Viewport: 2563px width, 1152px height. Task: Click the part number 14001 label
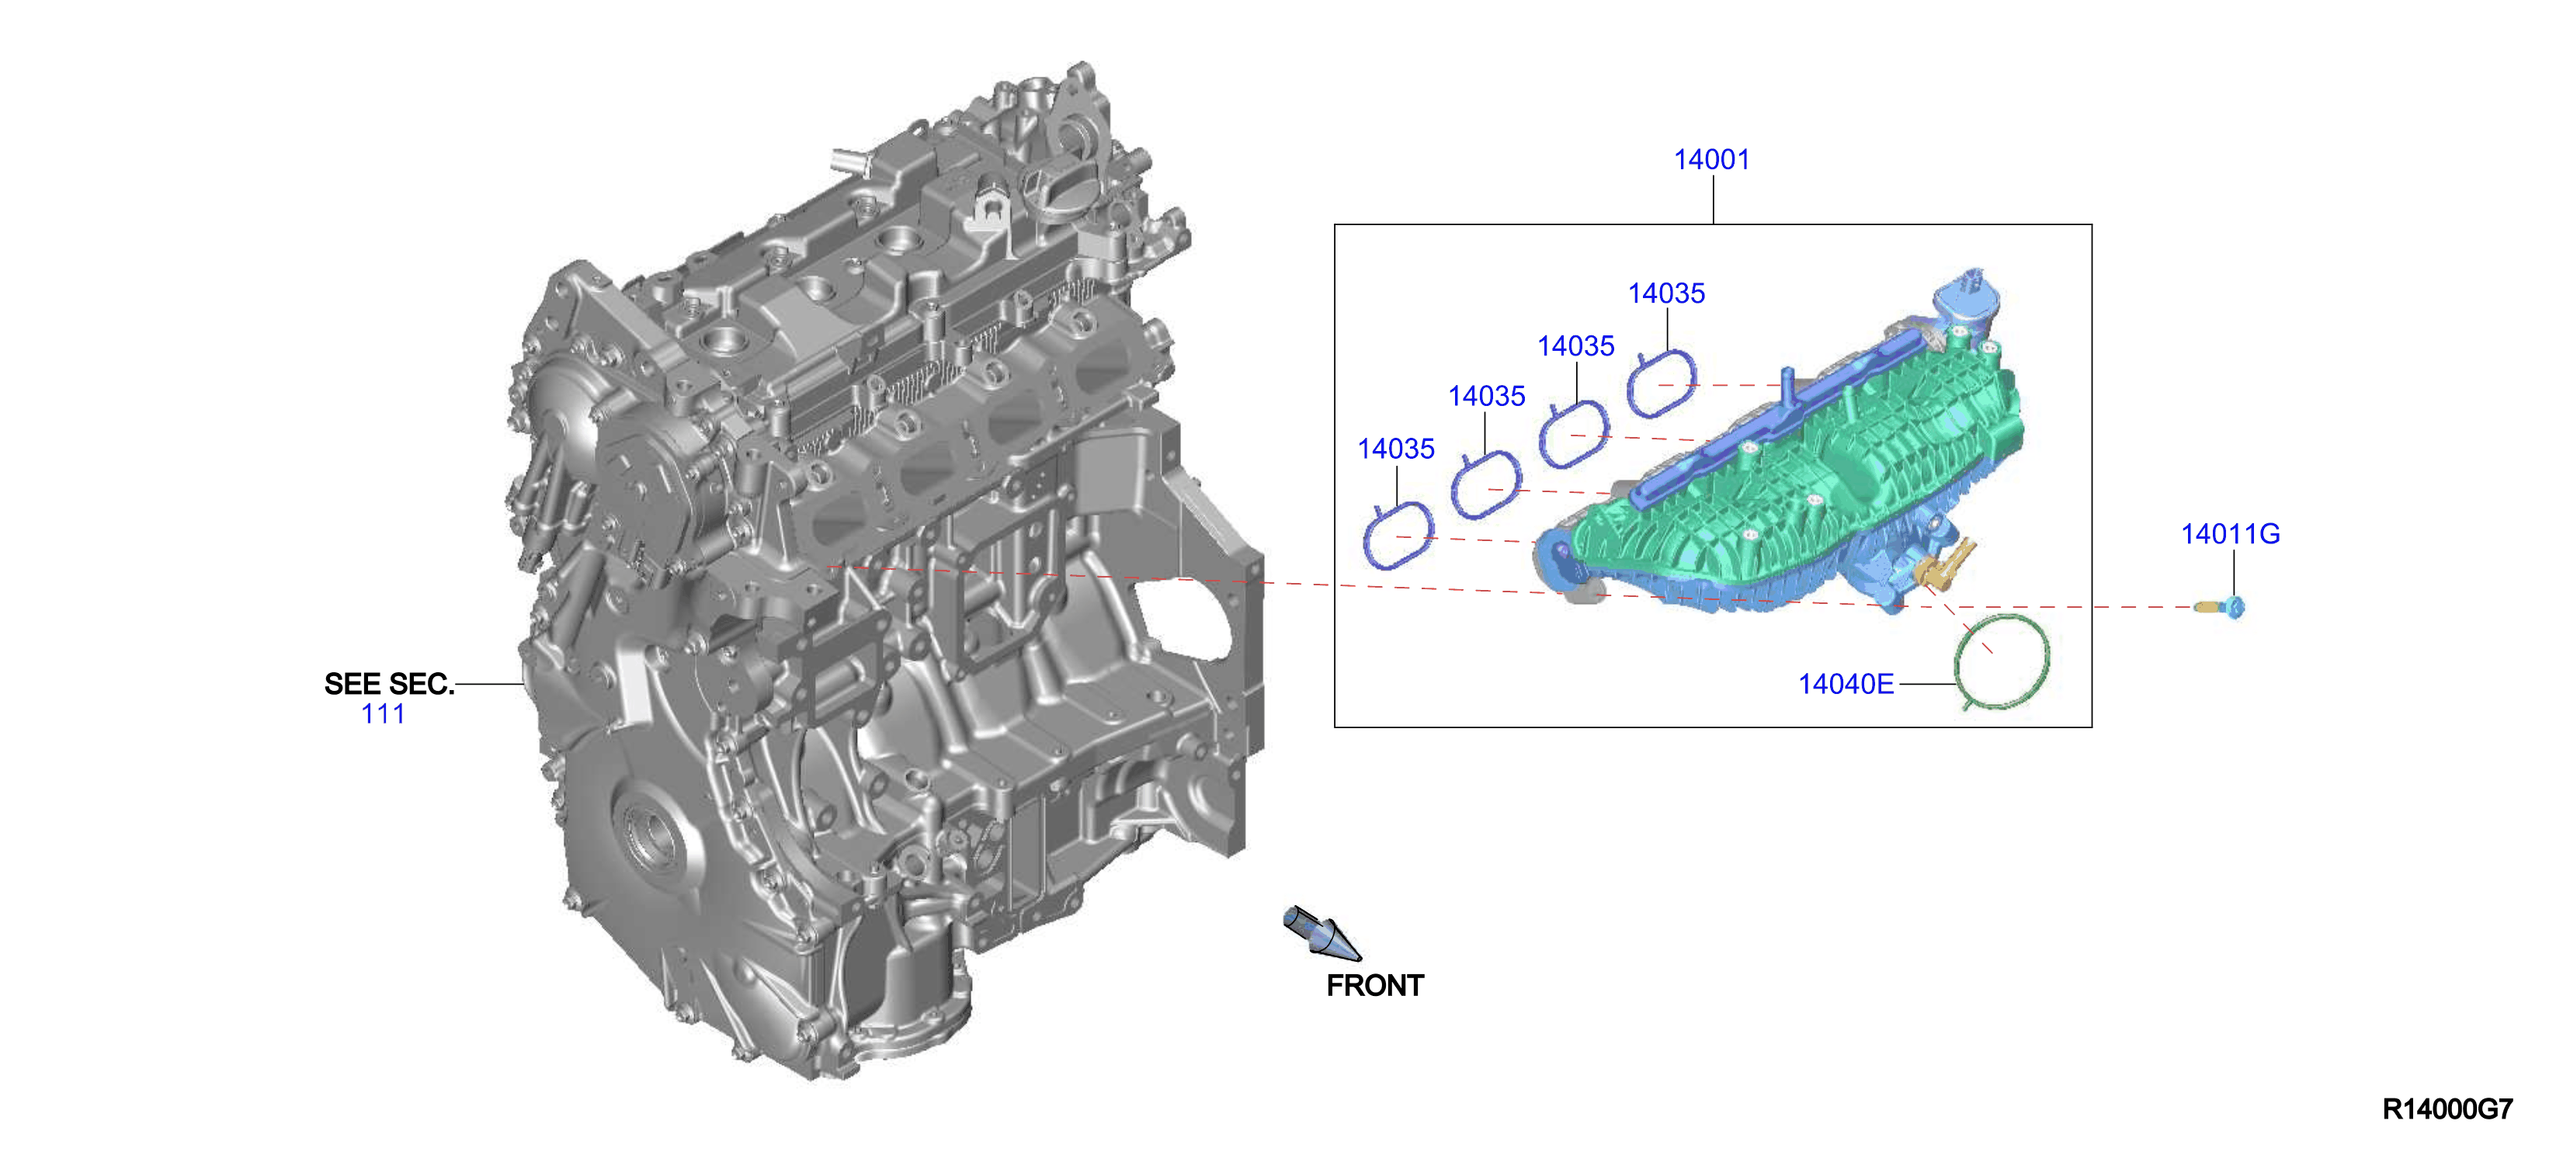tap(1711, 159)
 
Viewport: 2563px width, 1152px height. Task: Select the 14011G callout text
tap(2230, 534)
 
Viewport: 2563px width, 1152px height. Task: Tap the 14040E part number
tap(1846, 685)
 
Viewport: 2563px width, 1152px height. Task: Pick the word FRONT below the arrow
tap(1375, 986)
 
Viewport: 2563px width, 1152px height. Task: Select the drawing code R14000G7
tap(2447, 1109)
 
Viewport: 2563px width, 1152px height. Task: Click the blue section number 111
tap(383, 714)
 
